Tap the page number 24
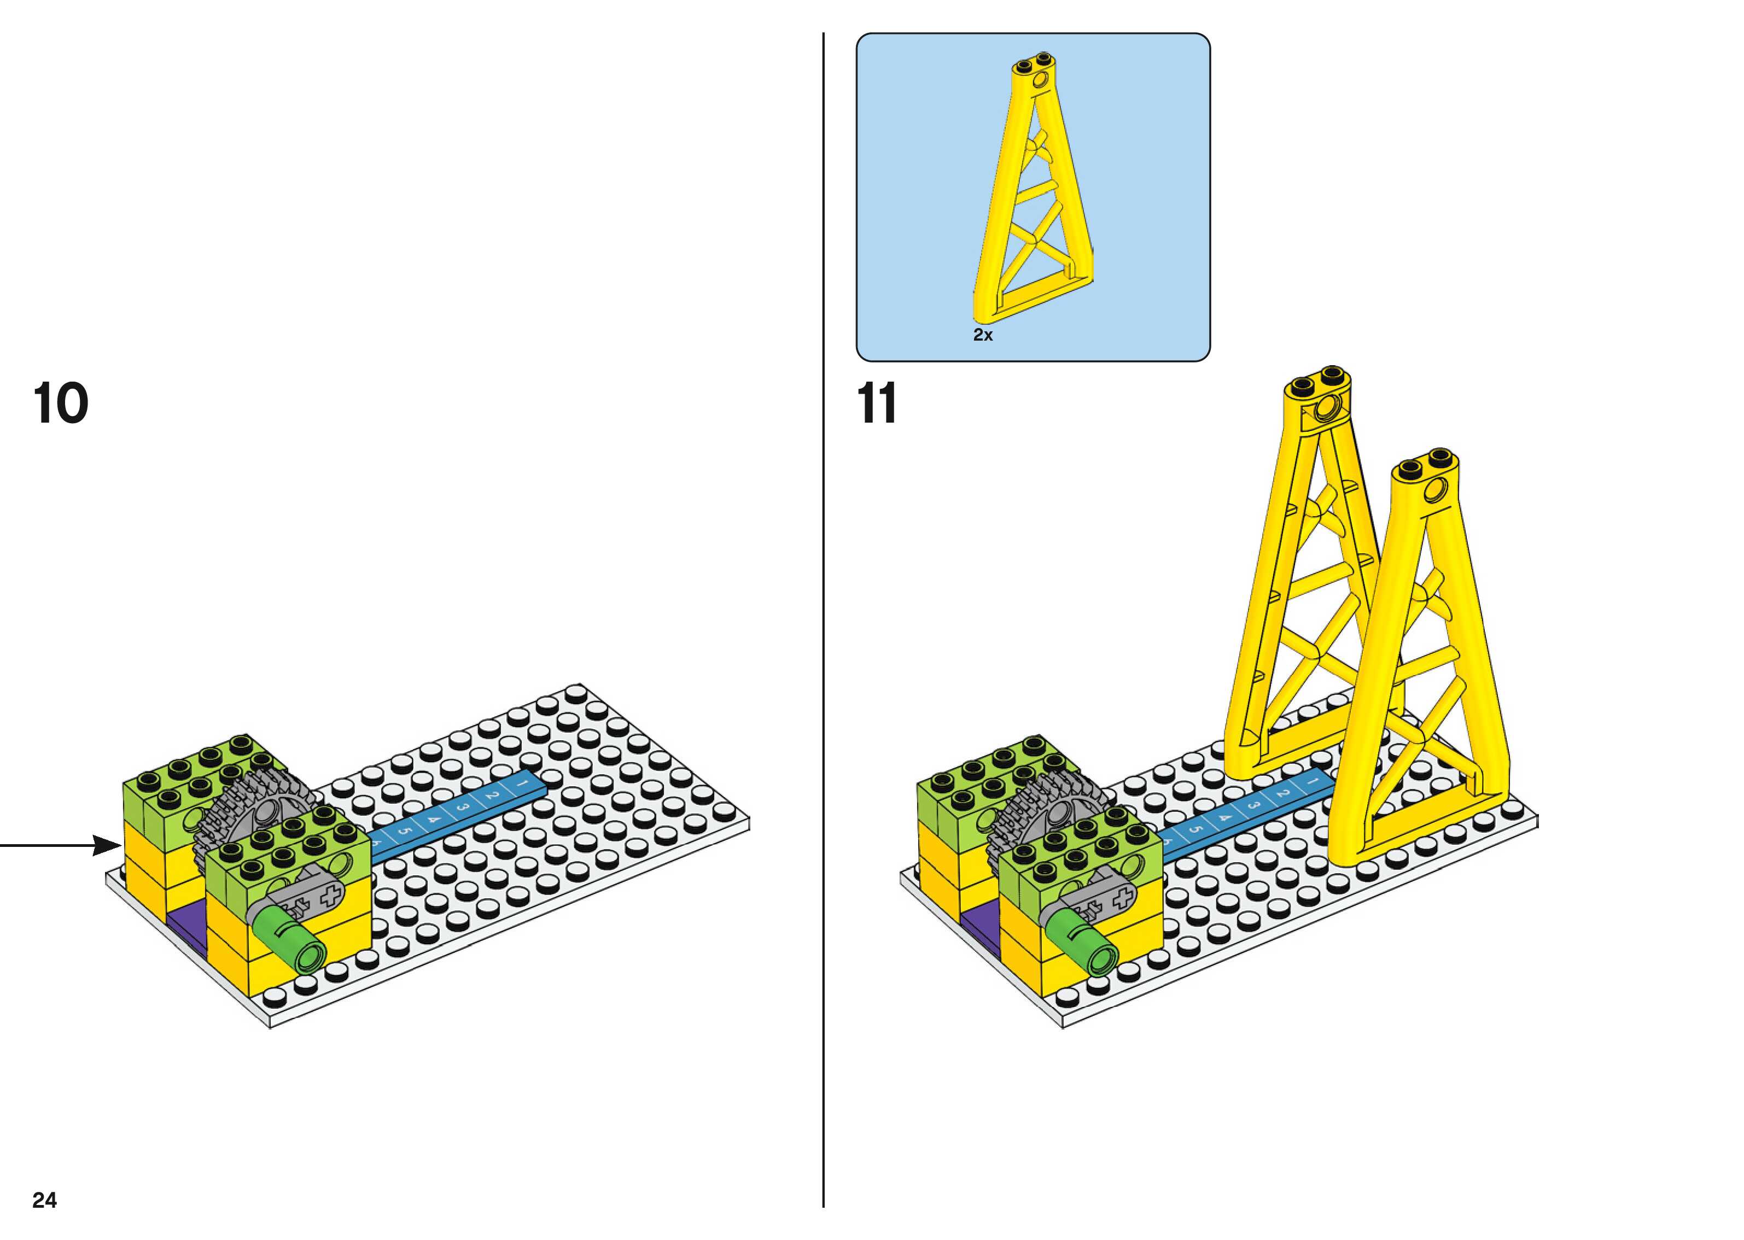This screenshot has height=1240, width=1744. [44, 1200]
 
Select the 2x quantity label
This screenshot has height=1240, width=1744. [983, 335]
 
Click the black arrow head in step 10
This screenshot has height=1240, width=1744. [107, 845]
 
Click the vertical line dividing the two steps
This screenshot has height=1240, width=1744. [823, 611]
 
